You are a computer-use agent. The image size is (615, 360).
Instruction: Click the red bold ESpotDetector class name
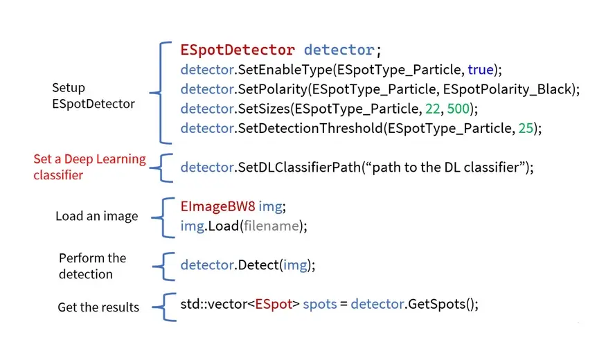(238, 50)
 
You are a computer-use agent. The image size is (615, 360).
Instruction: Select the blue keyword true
(481, 69)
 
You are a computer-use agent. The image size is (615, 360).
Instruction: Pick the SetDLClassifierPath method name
(298, 167)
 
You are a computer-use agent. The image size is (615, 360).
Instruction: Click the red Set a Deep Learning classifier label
(89, 167)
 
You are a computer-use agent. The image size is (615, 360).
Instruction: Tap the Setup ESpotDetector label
(93, 96)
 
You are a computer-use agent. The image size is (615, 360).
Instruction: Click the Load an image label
(96, 216)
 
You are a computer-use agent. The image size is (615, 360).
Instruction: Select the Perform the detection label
(92, 266)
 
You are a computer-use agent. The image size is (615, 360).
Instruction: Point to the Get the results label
(98, 307)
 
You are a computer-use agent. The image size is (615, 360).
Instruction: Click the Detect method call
(258, 264)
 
